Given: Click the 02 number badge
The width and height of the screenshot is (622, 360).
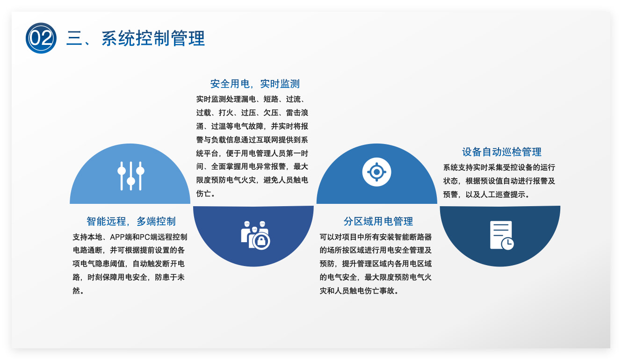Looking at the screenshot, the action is tap(41, 38).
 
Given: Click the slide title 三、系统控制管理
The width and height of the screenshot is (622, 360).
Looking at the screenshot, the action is tap(136, 38).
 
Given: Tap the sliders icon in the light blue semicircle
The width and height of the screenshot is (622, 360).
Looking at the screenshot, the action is tap(131, 176).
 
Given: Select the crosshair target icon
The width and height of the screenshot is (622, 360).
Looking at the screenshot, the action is tap(376, 172).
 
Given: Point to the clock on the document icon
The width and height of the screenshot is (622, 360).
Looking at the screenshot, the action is tap(507, 244).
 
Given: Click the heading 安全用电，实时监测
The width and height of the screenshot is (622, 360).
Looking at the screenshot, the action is tap(255, 84).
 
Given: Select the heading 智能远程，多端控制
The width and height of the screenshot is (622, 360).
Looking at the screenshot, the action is tap(131, 222).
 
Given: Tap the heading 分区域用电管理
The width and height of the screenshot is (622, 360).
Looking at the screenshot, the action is tap(378, 222).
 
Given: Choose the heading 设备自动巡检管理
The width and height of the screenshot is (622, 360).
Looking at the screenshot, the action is tap(502, 152).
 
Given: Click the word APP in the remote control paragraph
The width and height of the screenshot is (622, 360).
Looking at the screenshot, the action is tap(117, 237).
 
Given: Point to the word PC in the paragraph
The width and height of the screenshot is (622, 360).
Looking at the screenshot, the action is tap(145, 237).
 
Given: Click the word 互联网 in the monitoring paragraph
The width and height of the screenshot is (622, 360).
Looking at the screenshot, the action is tap(267, 140).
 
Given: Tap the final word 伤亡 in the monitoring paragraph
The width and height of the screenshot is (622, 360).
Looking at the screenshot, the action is tap(203, 194).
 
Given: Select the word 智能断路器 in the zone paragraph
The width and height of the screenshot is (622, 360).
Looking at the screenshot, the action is tap(413, 237).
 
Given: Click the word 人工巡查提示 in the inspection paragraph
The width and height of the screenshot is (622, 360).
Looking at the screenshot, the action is tap(503, 194).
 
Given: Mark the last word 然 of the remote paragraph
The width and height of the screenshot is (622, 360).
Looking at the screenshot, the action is tap(76, 291).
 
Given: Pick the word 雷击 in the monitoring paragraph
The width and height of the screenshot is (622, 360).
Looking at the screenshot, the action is tap(293, 113).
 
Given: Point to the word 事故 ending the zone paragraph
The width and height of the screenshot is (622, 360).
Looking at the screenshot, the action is tap(387, 291).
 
